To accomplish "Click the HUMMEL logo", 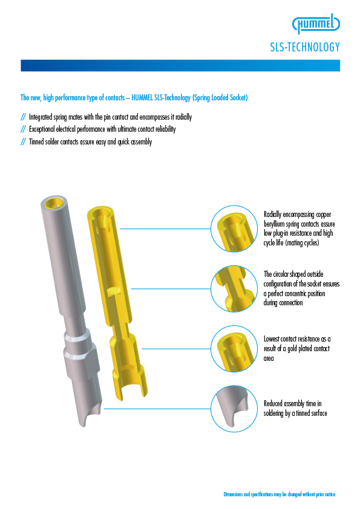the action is (x=316, y=24).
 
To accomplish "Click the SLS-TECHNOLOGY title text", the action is (x=305, y=47).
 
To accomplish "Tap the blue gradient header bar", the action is (x=180, y=65).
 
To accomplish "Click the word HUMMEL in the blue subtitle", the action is (x=142, y=98).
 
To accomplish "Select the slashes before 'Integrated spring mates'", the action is (x=23, y=117).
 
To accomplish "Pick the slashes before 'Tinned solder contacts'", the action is (x=23, y=141).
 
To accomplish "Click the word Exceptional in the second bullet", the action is (x=42, y=129).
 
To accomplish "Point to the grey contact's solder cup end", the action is (x=90, y=412).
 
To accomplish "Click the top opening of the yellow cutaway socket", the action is (x=101, y=212).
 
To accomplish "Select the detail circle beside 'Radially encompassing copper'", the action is (x=234, y=229).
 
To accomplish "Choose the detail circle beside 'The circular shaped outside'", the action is (x=234, y=288).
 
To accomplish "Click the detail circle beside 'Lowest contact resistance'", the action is (x=234, y=349).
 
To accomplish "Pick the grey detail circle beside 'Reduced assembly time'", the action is (x=234, y=409).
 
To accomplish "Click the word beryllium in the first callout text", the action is (x=274, y=224).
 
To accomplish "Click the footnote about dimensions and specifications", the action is (x=280, y=494).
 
